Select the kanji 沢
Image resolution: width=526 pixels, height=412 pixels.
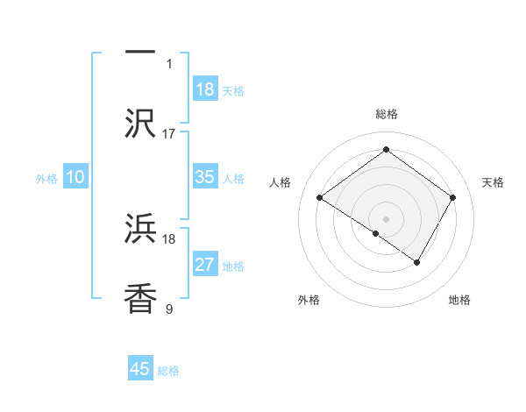pyautogui.click(x=140, y=123)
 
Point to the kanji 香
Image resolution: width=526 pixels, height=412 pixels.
pyautogui.click(x=140, y=298)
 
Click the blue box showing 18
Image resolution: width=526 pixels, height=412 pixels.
pyautogui.click(x=204, y=89)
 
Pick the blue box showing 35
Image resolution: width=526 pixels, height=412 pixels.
pyautogui.click(x=204, y=177)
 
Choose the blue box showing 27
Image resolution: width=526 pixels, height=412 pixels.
pyautogui.click(x=204, y=265)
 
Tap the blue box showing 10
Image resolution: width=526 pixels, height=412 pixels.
pyautogui.click(x=75, y=177)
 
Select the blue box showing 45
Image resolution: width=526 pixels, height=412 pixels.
pyautogui.click(x=140, y=369)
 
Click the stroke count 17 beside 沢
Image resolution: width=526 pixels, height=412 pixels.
pyautogui.click(x=169, y=134)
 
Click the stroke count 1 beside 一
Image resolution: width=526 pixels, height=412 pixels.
pyautogui.click(x=169, y=63)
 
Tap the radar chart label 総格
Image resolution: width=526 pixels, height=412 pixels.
pyautogui.click(x=386, y=114)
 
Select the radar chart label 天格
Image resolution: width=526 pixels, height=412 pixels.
pyautogui.click(x=493, y=182)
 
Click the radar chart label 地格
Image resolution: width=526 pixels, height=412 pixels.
pyautogui.click(x=459, y=300)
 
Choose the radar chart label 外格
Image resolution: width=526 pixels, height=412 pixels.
pyautogui.click(x=309, y=300)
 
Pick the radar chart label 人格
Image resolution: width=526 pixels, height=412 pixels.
pyautogui.click(x=281, y=182)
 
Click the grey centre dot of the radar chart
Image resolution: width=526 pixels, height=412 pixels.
pyautogui.click(x=386, y=218)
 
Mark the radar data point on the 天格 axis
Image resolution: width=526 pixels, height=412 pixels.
pyautogui.click(x=452, y=198)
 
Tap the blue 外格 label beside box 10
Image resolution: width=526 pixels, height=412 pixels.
pyautogui.click(x=46, y=178)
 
